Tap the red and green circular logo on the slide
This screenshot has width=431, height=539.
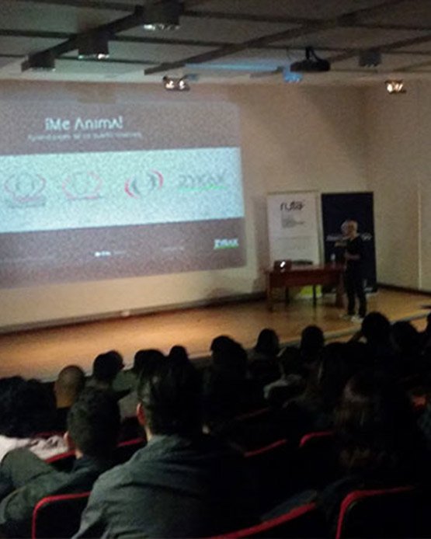(x=144, y=183)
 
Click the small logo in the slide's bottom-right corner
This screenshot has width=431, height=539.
(x=225, y=244)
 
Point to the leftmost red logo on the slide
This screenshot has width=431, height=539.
(x=25, y=186)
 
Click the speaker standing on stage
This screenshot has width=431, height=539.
(x=353, y=268)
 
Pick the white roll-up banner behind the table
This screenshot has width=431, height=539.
(x=293, y=228)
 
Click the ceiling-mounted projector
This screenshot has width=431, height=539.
(x=310, y=64)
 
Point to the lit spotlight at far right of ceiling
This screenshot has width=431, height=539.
(x=395, y=87)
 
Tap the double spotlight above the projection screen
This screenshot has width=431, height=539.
(x=176, y=83)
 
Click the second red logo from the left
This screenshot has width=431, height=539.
(x=82, y=186)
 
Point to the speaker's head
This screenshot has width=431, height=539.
(x=351, y=228)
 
